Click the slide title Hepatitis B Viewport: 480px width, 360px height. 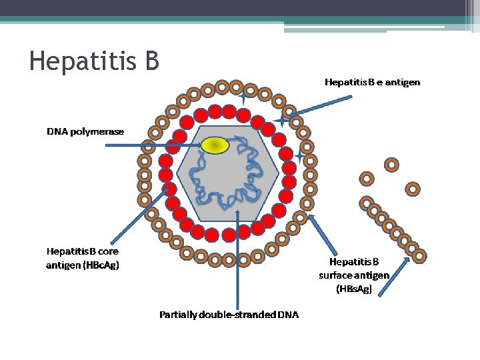(95, 61)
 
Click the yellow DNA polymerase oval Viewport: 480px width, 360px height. (216, 145)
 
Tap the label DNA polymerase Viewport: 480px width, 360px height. (85, 131)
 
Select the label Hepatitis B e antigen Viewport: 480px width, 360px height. (372, 82)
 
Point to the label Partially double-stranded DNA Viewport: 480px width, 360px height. (229, 314)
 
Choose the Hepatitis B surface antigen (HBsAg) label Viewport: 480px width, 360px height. (354, 275)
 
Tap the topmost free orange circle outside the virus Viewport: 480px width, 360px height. (392, 164)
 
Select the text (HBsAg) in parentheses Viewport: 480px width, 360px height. (354, 289)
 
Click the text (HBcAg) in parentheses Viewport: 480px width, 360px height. (98, 265)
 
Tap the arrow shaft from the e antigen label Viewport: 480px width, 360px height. (320, 107)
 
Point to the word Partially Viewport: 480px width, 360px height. (177, 314)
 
